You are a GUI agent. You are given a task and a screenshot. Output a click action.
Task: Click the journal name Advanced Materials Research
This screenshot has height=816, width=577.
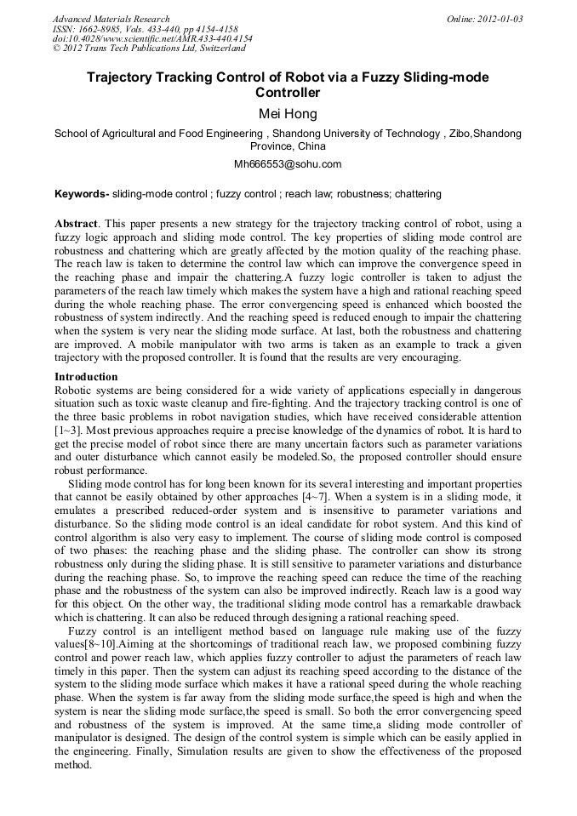[x=111, y=19]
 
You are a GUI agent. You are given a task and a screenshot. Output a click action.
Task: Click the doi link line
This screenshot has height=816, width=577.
[x=151, y=39]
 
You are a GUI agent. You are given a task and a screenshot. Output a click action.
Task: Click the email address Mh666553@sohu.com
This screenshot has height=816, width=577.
[x=288, y=164]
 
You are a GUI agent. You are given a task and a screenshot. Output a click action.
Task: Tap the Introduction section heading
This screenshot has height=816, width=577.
[x=89, y=376]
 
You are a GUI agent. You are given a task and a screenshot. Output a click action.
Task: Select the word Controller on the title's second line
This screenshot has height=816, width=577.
[x=288, y=93]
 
